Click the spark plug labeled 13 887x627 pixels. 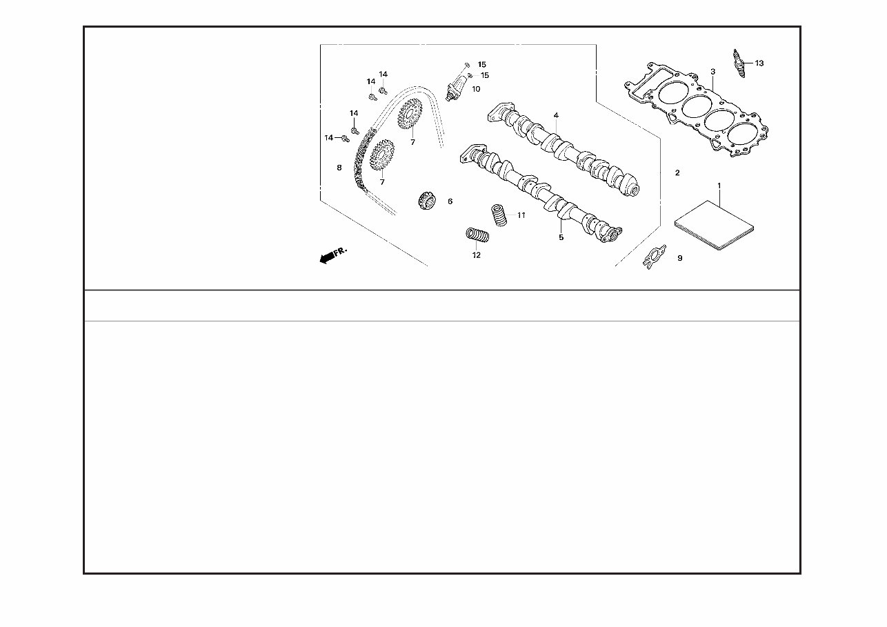[739, 63]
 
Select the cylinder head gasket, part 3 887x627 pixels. [696, 110]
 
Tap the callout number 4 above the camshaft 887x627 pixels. [556, 115]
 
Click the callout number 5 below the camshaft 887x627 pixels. [561, 237]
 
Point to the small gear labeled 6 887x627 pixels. [427, 201]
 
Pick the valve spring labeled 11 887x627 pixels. [499, 215]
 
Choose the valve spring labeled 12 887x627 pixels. [477, 235]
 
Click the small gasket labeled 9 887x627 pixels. [654, 257]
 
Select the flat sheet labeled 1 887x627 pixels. [714, 226]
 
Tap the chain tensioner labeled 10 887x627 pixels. [456, 87]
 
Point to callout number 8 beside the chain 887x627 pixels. [339, 168]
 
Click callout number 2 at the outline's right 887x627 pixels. [677, 172]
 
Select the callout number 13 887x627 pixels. [759, 63]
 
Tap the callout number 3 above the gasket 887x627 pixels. [712, 72]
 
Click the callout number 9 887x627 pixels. [680, 258]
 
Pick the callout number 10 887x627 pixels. [476, 89]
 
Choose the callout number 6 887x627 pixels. [450, 201]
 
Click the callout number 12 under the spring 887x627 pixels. [477, 255]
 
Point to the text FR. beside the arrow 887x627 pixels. [340, 252]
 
